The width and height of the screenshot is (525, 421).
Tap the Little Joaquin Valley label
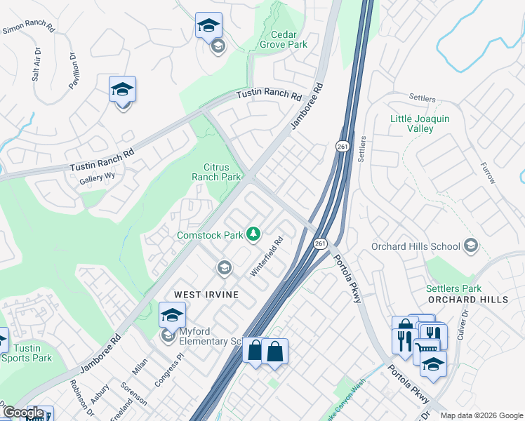click(x=420, y=123)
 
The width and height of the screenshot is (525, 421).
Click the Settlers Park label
click(x=453, y=288)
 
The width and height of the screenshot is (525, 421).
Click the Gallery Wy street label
click(x=96, y=180)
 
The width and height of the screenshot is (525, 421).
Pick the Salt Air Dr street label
click(x=36, y=65)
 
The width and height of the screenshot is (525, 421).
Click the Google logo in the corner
click(x=23, y=413)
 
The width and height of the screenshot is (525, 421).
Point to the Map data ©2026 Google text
click(x=481, y=415)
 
